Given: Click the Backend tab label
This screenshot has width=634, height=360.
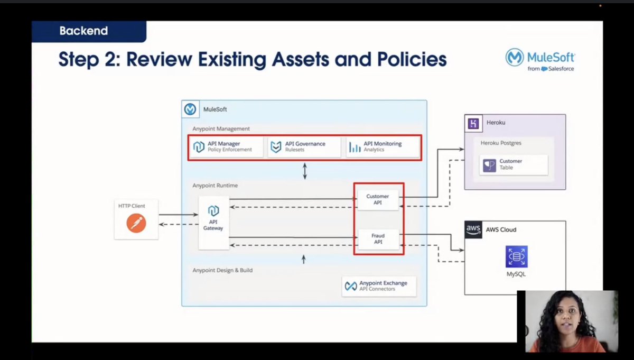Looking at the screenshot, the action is (x=84, y=31).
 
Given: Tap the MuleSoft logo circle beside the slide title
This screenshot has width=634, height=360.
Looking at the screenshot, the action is (x=514, y=57).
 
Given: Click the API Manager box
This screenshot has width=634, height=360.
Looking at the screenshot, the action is (x=226, y=147).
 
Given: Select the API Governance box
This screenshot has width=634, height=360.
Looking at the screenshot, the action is (x=304, y=147).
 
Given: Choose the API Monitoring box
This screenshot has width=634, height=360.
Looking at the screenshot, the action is (x=383, y=147).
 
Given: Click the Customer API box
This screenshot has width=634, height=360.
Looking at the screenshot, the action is (x=378, y=200).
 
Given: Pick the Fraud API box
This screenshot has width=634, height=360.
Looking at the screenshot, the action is (x=378, y=239).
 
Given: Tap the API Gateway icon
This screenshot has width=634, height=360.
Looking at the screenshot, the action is (x=213, y=211).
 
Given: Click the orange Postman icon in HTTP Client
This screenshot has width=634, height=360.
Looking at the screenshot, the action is (x=136, y=223).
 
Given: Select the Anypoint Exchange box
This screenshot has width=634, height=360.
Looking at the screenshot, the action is (x=379, y=287).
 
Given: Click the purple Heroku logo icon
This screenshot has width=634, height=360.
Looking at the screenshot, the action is (x=473, y=124).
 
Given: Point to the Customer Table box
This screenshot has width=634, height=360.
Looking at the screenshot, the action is (x=514, y=165).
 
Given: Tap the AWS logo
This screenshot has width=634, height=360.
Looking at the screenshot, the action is (x=473, y=230).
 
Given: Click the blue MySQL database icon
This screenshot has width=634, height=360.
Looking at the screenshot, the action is (x=517, y=256).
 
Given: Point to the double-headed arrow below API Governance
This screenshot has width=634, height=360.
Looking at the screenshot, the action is (x=305, y=171).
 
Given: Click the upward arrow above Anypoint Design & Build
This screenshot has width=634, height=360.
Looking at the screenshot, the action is (x=304, y=260).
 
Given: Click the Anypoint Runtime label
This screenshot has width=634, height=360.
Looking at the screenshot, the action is (x=215, y=186).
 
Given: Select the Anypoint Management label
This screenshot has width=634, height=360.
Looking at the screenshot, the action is (x=221, y=129).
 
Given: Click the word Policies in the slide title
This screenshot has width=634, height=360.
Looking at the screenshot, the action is (x=412, y=60).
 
